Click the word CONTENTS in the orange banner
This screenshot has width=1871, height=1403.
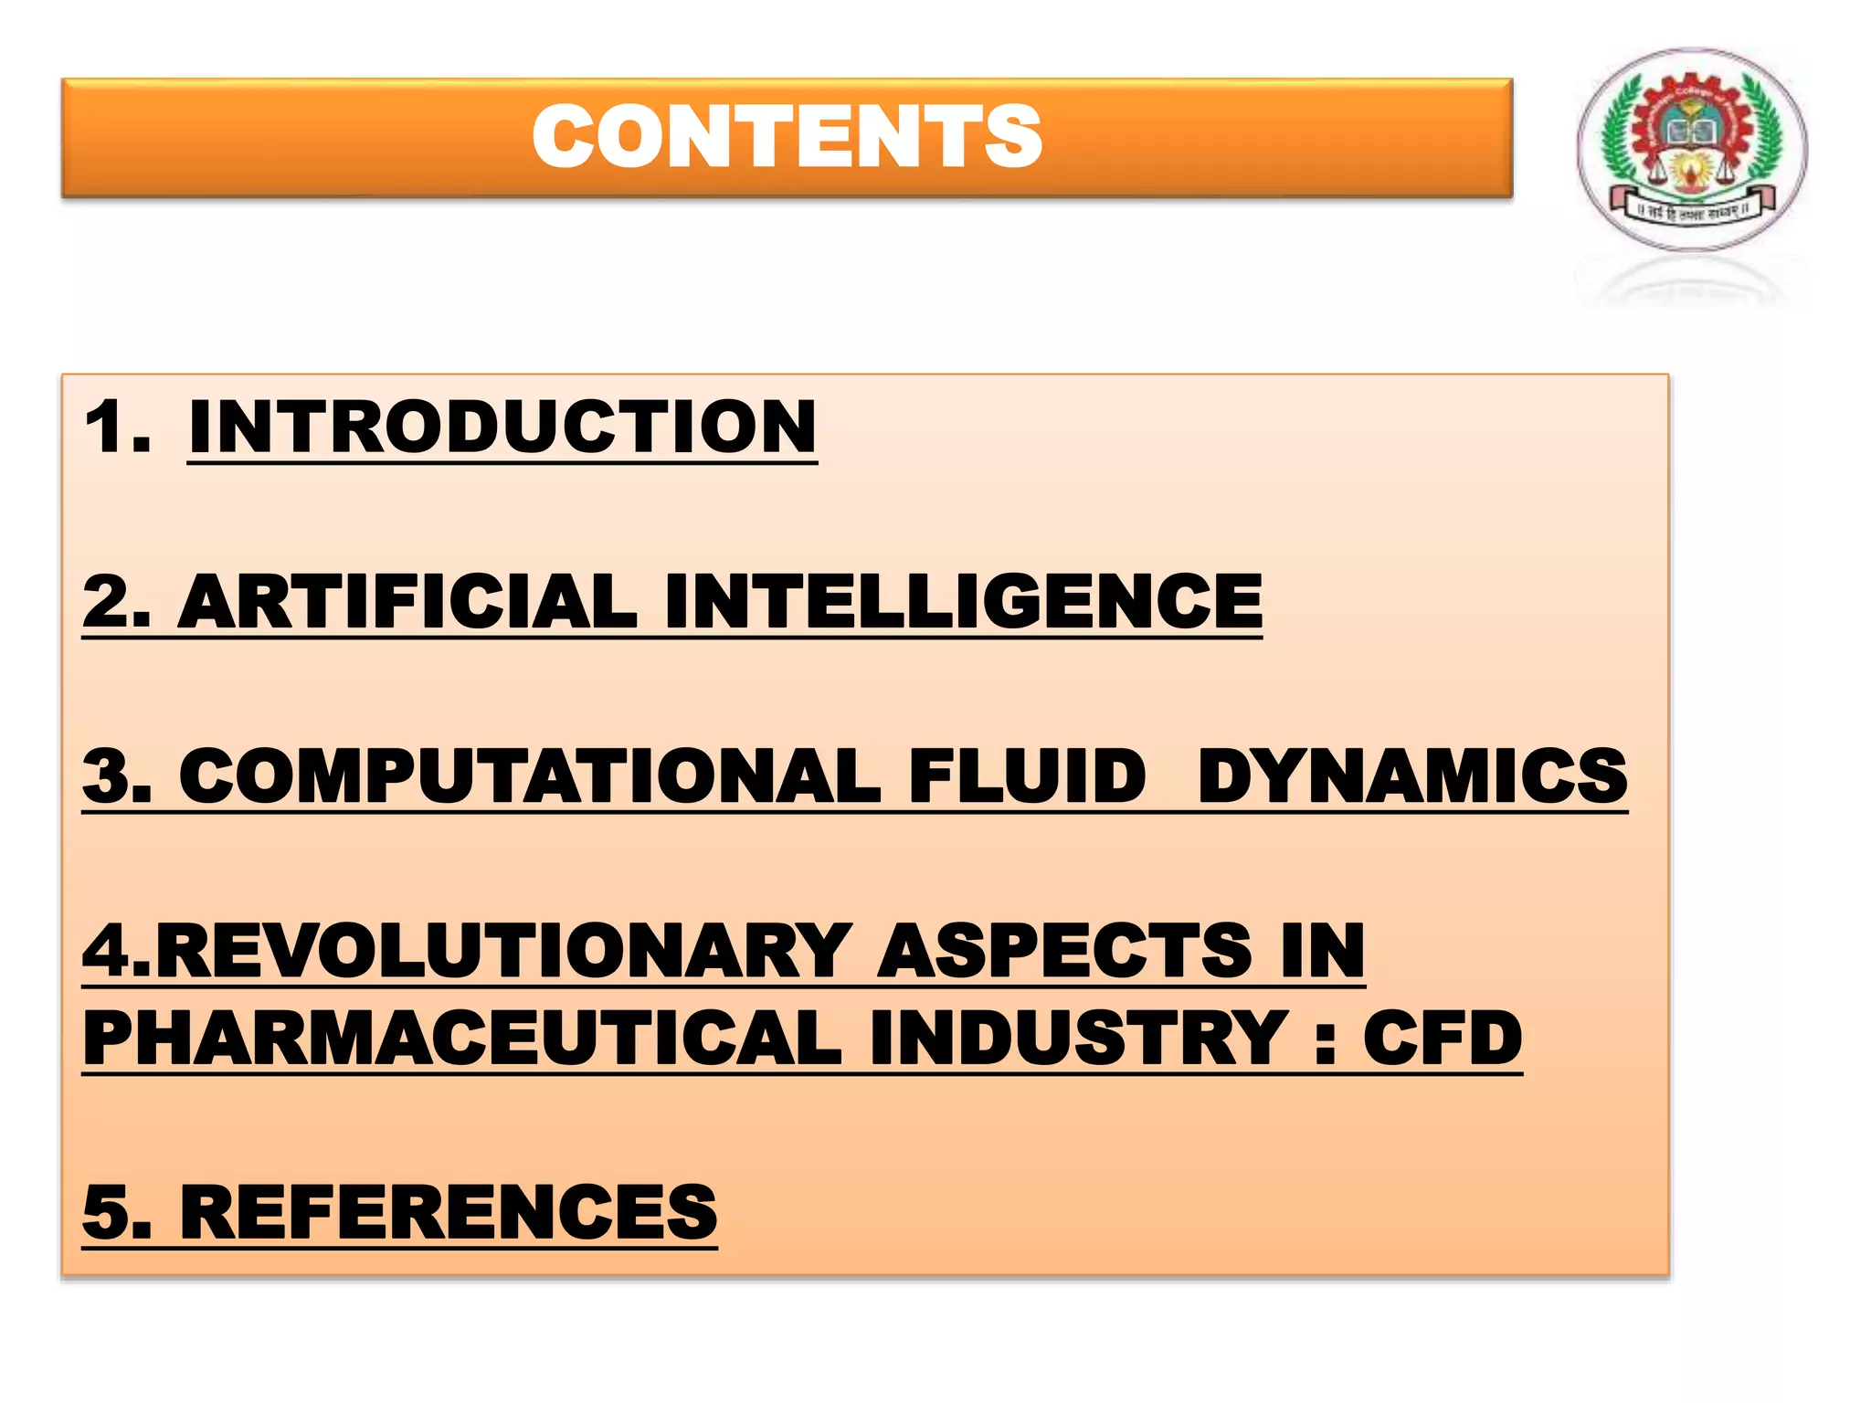pyautogui.click(x=787, y=137)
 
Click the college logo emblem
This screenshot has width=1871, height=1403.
pyautogui.click(x=1692, y=150)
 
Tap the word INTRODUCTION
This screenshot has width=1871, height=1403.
pyautogui.click(x=502, y=427)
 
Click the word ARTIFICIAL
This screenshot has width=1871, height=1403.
pyautogui.click(x=407, y=602)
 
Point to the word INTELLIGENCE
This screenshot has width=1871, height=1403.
pyautogui.click(x=964, y=602)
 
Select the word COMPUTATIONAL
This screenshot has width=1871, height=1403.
pyautogui.click(x=529, y=775)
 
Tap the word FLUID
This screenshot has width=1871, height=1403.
pyautogui.click(x=1027, y=775)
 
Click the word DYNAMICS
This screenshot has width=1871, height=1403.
pyautogui.click(x=1412, y=775)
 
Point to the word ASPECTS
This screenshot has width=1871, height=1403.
pyautogui.click(x=1064, y=951)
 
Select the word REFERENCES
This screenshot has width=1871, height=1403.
pyautogui.click(x=449, y=1212)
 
